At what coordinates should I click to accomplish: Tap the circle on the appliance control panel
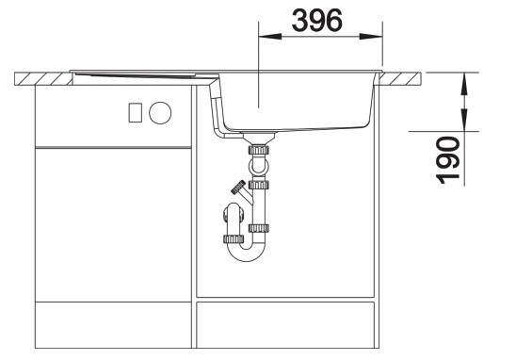pos(162,113)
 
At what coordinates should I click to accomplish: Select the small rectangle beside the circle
pos(135,113)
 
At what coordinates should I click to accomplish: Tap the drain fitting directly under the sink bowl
pos(257,148)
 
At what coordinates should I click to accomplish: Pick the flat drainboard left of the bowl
pos(141,74)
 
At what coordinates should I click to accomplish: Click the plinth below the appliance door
pos(111,325)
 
